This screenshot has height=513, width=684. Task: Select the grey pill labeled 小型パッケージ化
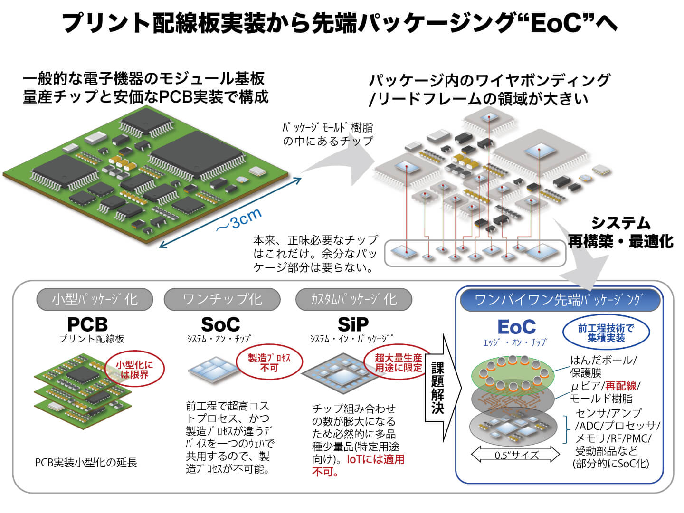[x=95, y=299]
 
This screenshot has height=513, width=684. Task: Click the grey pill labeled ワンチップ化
[x=222, y=299]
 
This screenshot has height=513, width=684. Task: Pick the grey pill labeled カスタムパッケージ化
[x=353, y=299]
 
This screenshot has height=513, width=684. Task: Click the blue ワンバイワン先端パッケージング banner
[x=559, y=300]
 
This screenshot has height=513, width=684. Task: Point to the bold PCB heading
[x=87, y=324]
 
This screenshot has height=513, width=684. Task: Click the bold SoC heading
[x=220, y=324]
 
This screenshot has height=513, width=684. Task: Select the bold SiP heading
[x=353, y=324]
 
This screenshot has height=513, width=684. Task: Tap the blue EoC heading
[x=516, y=327]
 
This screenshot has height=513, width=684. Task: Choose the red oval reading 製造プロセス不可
[x=269, y=363]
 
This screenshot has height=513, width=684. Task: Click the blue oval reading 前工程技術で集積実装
[x=606, y=333]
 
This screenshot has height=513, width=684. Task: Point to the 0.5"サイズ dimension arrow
[x=516, y=455]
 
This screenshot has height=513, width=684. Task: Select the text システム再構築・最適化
[x=620, y=232]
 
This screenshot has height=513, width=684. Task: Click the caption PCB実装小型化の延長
[x=86, y=462]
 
